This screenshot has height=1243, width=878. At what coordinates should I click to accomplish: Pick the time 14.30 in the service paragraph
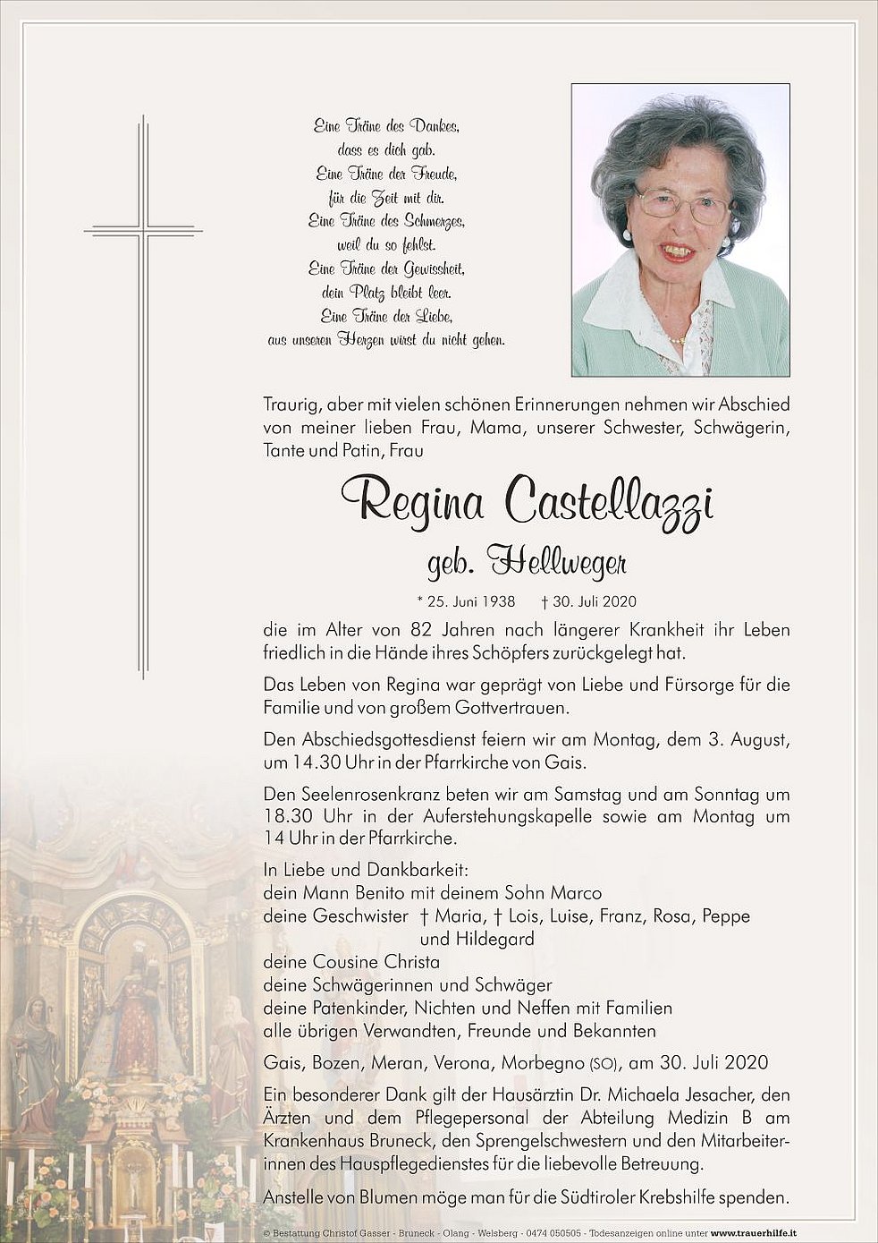point(313,762)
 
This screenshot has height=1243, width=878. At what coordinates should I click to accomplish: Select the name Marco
point(574,893)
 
